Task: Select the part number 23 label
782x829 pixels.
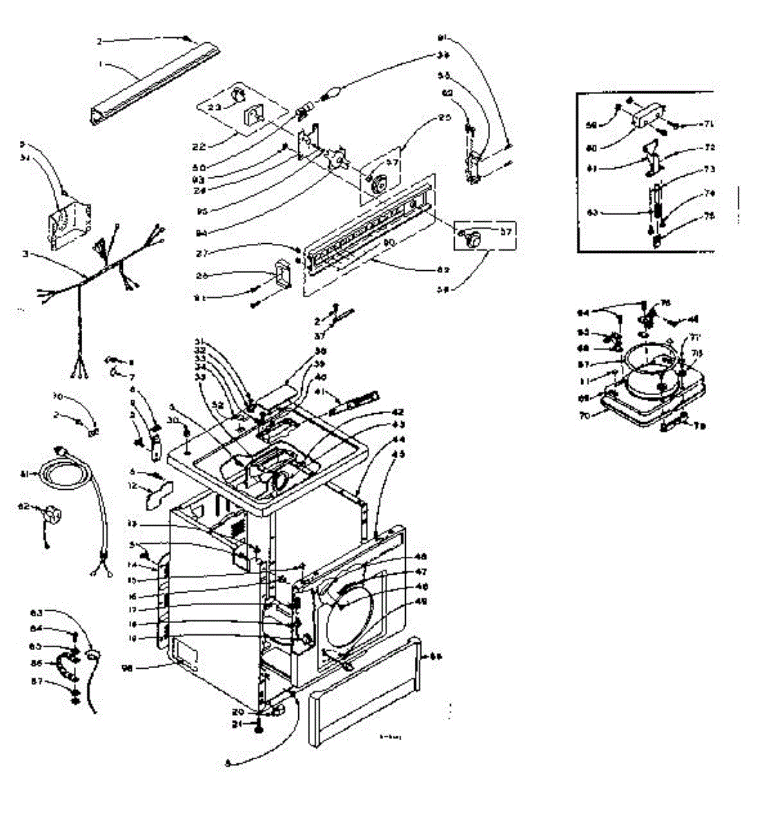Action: coord(215,107)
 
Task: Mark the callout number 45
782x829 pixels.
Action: coord(398,454)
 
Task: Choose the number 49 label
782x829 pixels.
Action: coord(420,602)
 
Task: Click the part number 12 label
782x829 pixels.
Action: coord(131,487)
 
